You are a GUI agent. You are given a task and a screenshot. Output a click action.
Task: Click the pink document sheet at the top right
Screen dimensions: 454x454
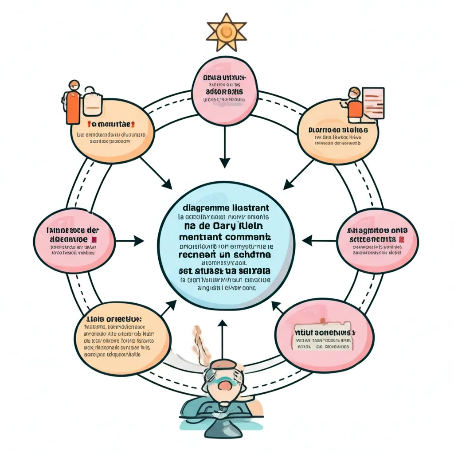click(x=373, y=103)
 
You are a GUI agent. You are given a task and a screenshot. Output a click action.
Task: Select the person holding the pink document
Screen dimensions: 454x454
click(x=354, y=105)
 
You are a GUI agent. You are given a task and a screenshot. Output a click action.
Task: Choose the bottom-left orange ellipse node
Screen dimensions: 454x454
click(x=121, y=338)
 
